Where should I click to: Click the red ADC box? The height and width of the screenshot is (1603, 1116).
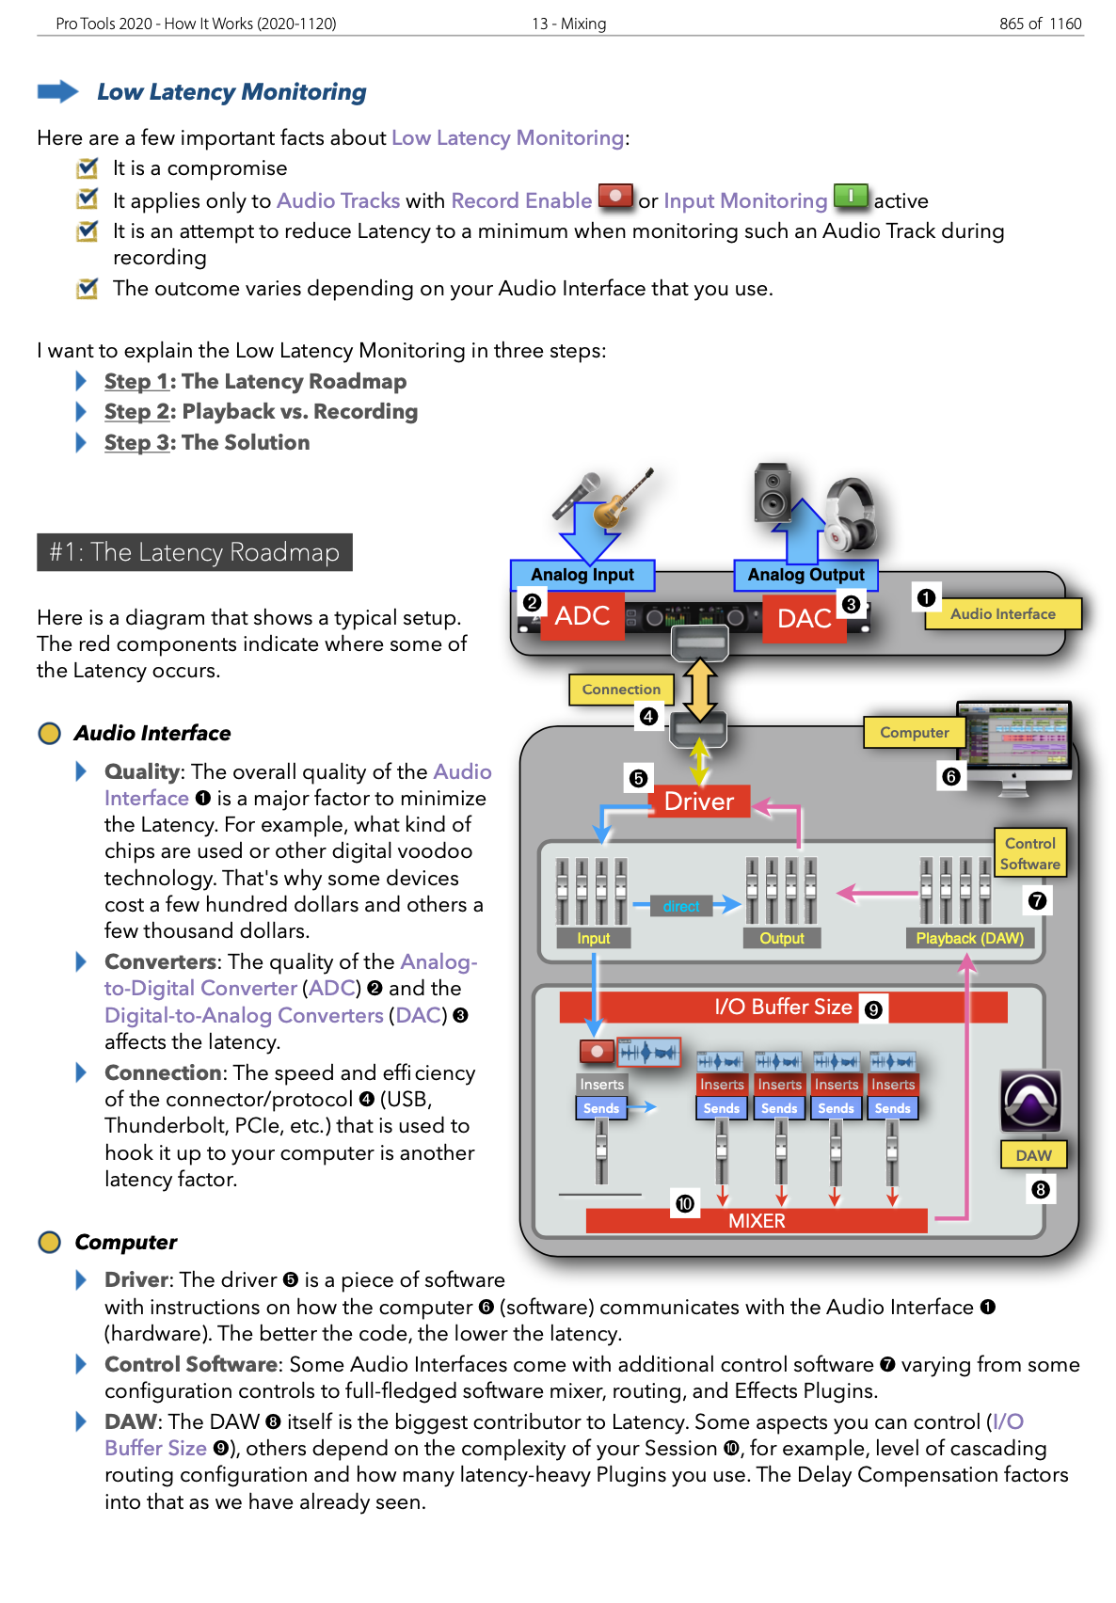point(582,616)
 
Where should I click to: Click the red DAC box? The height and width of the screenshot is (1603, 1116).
point(805,618)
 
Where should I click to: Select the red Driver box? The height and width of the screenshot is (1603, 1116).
point(698,801)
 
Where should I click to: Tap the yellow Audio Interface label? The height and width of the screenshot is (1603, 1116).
point(1002,613)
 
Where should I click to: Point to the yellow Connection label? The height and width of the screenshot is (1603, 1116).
point(621,690)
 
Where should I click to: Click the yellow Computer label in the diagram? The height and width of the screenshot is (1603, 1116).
point(914,732)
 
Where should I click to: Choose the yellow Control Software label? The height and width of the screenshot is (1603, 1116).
point(1029,853)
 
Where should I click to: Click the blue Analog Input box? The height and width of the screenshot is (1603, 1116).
point(582,575)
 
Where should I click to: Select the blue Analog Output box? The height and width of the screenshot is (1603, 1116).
point(805,575)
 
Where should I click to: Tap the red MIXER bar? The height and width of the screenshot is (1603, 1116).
point(757,1221)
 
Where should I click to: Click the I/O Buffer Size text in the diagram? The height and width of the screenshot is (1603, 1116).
point(783,1007)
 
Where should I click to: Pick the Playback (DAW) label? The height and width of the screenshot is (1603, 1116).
point(969,938)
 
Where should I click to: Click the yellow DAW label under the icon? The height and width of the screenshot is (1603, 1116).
point(1033,1155)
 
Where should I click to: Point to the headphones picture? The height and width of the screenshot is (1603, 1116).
point(851,514)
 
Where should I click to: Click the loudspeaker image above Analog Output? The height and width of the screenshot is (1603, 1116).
point(773,492)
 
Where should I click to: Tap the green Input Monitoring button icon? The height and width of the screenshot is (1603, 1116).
point(851,197)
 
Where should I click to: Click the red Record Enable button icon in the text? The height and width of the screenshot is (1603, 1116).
point(615,197)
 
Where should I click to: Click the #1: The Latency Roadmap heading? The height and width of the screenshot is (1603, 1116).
point(195,552)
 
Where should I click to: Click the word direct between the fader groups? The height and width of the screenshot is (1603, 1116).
point(681,907)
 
